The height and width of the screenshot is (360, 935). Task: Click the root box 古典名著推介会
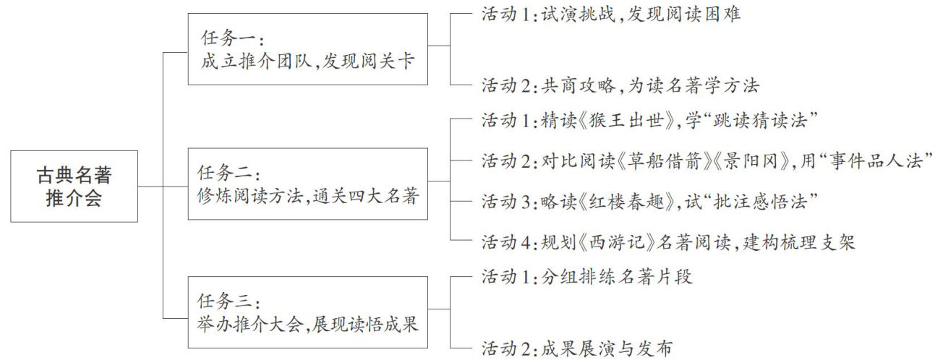click(74, 186)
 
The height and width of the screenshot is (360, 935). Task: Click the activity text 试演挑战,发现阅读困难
click(641, 15)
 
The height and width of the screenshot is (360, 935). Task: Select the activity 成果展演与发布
click(607, 349)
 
